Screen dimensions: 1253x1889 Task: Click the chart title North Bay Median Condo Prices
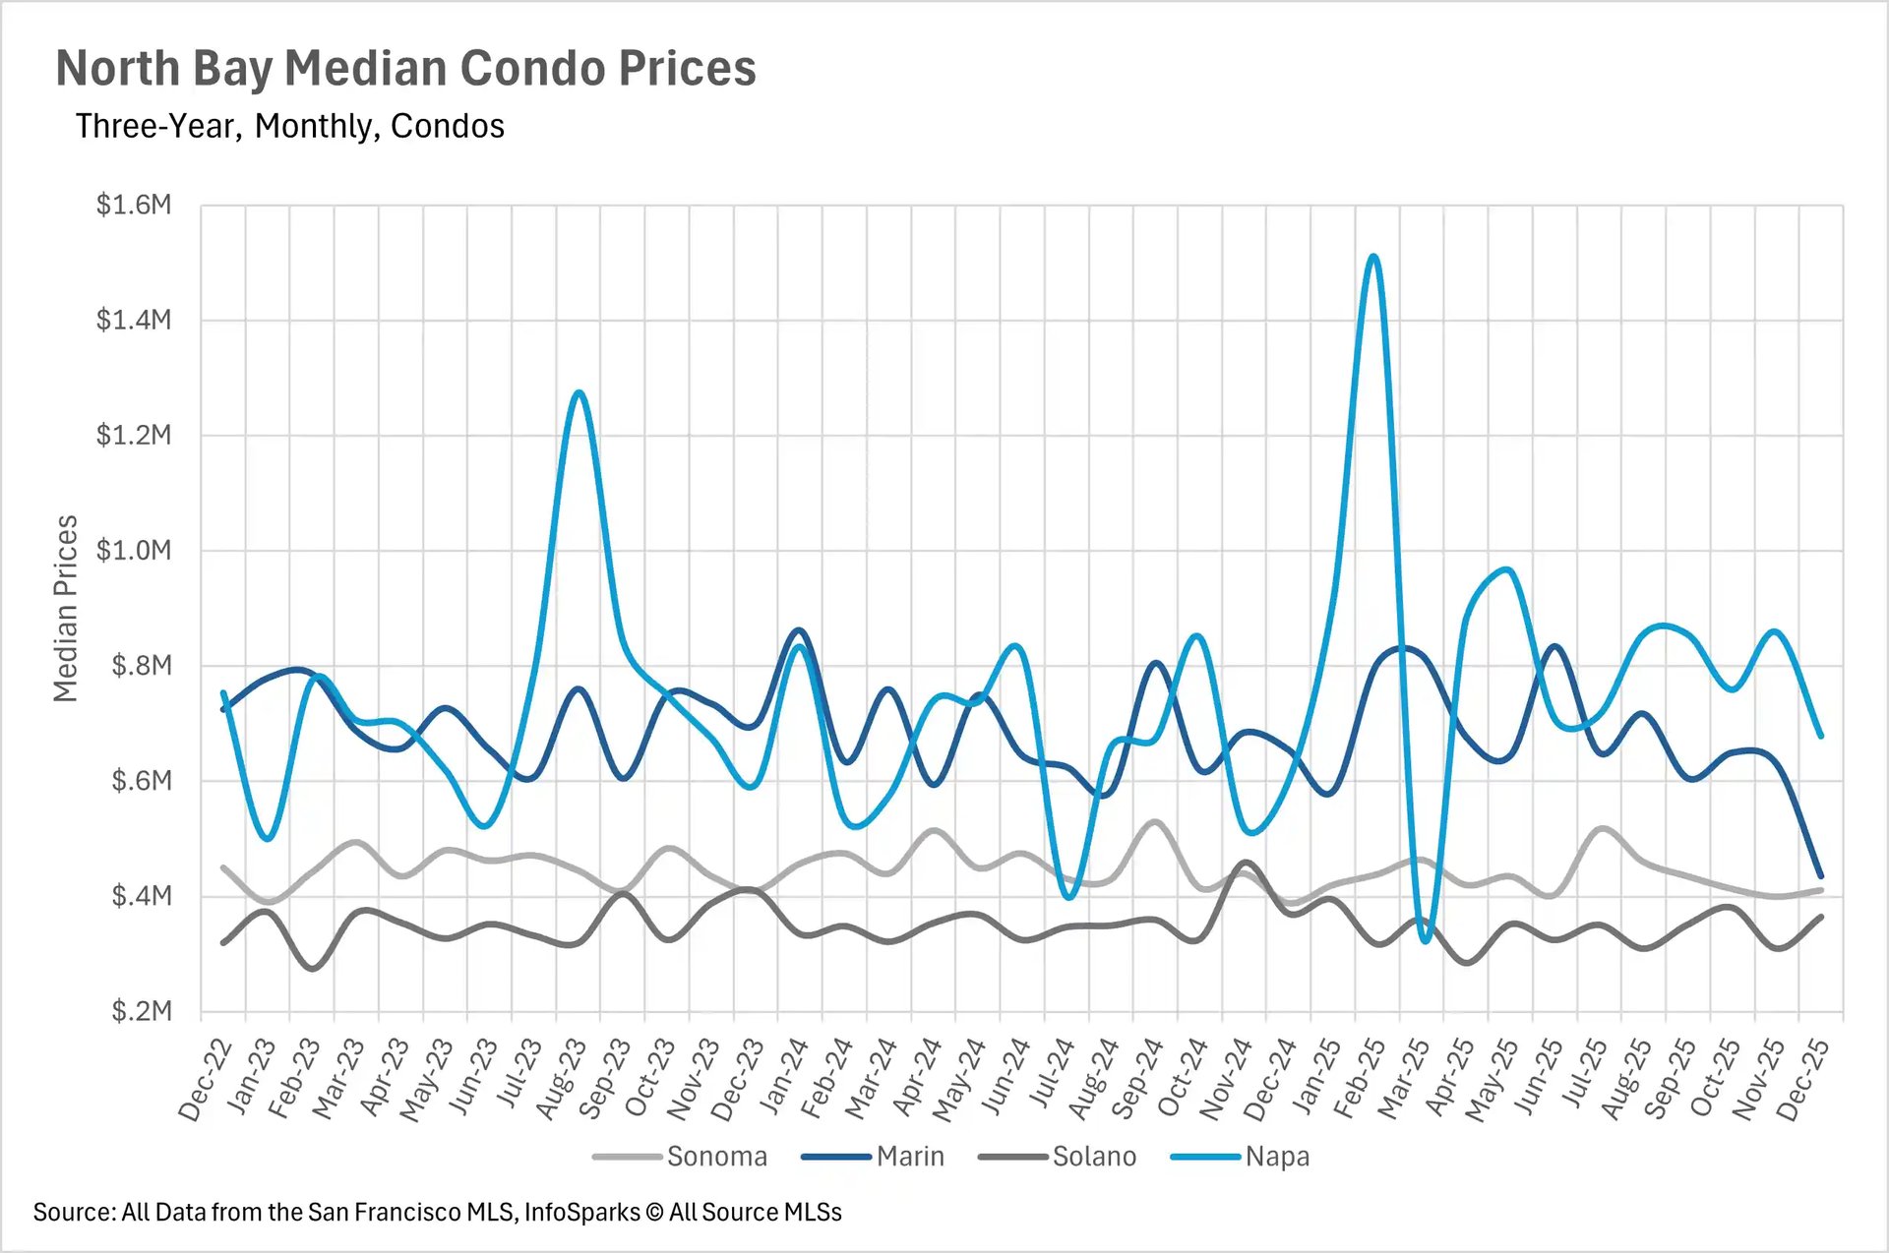[x=405, y=69]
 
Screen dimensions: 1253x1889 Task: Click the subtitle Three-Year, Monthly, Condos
[x=289, y=127]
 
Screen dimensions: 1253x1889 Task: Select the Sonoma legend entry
[x=716, y=1157]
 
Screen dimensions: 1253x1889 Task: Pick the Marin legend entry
[x=909, y=1157]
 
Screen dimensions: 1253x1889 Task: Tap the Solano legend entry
[x=1093, y=1157]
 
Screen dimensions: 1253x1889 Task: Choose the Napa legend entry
[x=1276, y=1157]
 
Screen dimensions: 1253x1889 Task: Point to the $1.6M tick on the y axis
[x=134, y=205]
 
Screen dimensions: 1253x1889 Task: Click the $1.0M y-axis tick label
[x=134, y=551]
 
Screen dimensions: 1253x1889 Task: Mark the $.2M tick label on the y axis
[x=141, y=1011]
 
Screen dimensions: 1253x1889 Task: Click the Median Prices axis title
[x=65, y=609]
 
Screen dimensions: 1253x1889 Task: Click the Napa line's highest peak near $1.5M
[x=1373, y=257]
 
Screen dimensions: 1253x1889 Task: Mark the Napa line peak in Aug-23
[x=579, y=392]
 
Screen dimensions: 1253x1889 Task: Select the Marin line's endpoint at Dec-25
[x=1821, y=875]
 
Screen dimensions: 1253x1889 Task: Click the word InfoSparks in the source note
[x=581, y=1213]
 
